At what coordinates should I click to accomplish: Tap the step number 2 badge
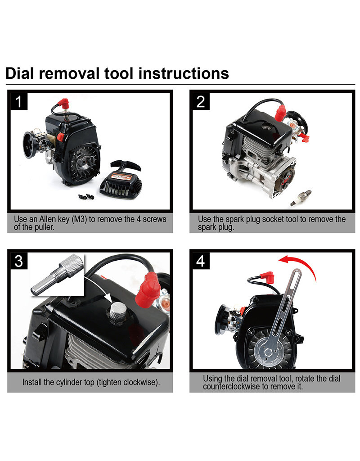tap(201, 102)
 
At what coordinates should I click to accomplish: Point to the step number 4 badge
tap(201, 261)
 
